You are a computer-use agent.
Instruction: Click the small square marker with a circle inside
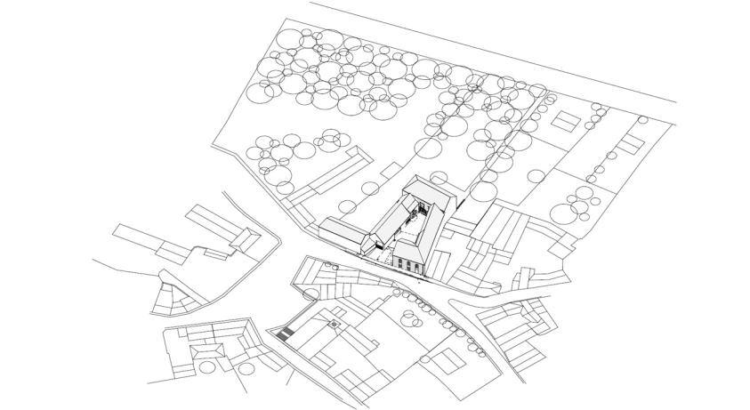tap(335, 324)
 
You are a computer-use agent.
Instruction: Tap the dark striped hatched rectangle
tap(285, 335)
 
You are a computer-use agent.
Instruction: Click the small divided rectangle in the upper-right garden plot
tap(565, 121)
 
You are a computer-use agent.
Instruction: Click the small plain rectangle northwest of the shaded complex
tap(391, 167)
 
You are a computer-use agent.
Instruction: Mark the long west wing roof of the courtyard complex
tap(390, 219)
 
